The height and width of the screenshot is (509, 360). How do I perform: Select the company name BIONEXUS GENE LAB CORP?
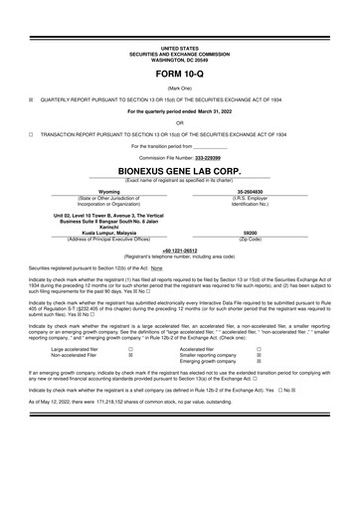click(179, 170)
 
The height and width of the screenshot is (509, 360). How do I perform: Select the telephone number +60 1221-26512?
click(179, 252)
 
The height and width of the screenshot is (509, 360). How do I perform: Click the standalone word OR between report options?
click(179, 122)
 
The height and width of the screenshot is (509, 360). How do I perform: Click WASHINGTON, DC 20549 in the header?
click(179, 58)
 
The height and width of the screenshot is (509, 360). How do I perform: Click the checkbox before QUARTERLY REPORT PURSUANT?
click(31, 99)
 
